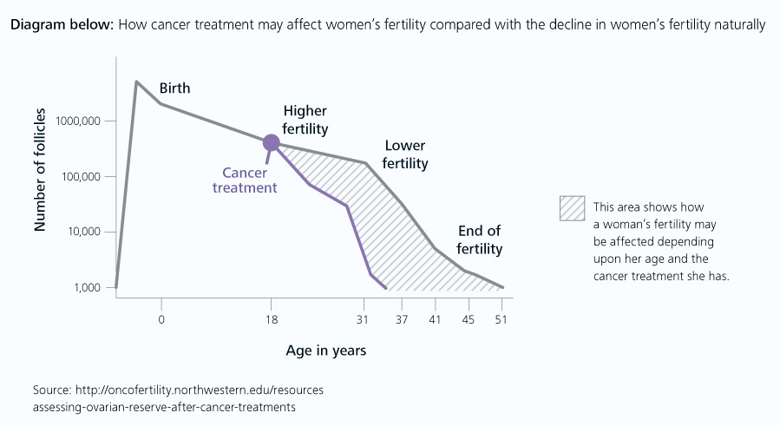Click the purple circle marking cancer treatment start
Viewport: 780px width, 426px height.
[x=271, y=143]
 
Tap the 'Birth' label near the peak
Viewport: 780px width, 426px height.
[x=174, y=88]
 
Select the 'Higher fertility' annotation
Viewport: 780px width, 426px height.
[x=305, y=121]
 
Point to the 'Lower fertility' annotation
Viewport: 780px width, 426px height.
[x=406, y=154]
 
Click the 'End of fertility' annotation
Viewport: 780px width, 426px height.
[x=481, y=239]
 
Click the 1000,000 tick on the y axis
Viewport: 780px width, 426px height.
[x=79, y=121]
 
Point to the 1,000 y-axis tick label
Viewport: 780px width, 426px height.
[x=87, y=287]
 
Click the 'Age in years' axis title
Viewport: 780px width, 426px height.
[x=325, y=351]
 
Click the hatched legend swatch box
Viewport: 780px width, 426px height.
[x=572, y=208]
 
